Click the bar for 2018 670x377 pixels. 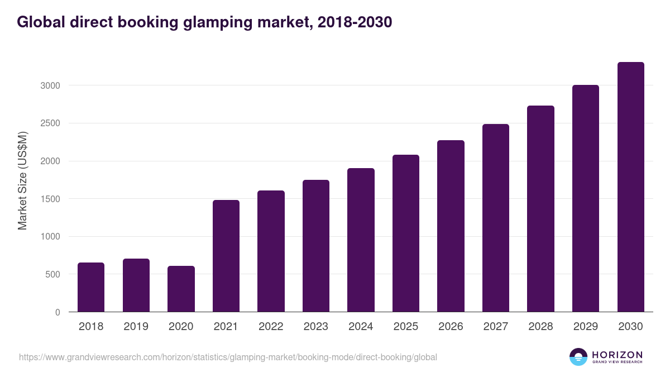(91, 287)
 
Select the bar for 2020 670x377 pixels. (181, 289)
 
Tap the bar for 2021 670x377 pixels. (226, 256)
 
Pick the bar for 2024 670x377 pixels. (361, 240)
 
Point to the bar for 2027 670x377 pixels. (496, 218)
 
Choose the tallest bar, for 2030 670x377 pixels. (630, 187)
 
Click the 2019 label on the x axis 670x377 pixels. (136, 327)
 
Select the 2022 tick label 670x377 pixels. (271, 327)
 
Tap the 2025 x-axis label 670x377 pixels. (406, 327)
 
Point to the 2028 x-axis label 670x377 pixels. (540, 327)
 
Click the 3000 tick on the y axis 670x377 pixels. (50, 85)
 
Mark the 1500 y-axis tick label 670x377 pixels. (50, 199)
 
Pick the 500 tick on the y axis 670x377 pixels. (53, 274)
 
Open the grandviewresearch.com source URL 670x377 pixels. (228, 357)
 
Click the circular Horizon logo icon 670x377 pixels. (578, 357)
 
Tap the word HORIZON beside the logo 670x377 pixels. (618, 354)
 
